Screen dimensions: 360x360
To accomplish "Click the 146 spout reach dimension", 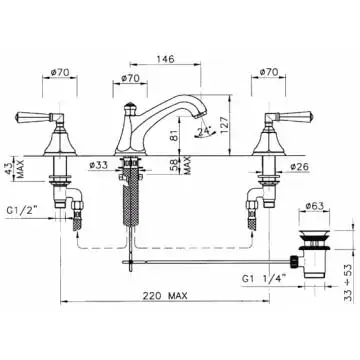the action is pos(165,59).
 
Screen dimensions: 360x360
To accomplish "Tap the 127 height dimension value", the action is pos(224,125).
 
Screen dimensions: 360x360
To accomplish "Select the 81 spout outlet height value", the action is pos(173,136).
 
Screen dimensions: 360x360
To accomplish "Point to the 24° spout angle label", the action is pos(202,132).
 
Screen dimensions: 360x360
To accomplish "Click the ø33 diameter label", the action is pos(99,165).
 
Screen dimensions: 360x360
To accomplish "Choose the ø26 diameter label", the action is pos(299,167).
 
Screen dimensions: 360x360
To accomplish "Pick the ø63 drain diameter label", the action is pos(315,205).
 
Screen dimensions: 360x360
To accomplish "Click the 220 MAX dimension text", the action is pos(165,295).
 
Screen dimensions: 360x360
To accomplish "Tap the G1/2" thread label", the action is pos(21,211).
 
